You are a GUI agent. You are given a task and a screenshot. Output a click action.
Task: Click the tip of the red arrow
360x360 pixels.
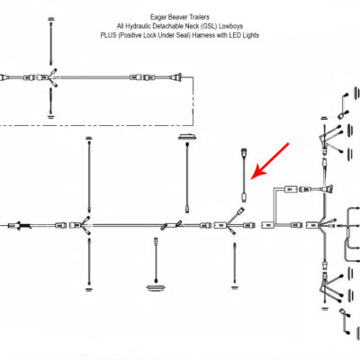click(251, 179)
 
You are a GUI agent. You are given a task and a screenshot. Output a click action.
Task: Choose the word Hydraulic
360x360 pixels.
click(139, 26)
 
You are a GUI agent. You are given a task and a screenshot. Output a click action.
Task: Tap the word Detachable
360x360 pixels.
click(167, 26)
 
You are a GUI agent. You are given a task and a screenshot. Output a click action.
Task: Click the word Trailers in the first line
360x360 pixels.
click(200, 17)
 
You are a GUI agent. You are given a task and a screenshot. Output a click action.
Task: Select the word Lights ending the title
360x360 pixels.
click(251, 35)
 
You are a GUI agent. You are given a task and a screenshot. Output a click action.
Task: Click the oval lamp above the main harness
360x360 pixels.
click(187, 137)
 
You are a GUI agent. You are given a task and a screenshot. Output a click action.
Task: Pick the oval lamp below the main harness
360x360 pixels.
click(156, 288)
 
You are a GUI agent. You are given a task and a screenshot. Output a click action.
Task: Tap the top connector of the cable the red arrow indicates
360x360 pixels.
click(244, 153)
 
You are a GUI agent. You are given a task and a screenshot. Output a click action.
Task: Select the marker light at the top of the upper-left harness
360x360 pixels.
click(51, 19)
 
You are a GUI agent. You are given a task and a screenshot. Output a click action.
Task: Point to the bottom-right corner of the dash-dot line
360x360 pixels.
click(193, 125)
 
